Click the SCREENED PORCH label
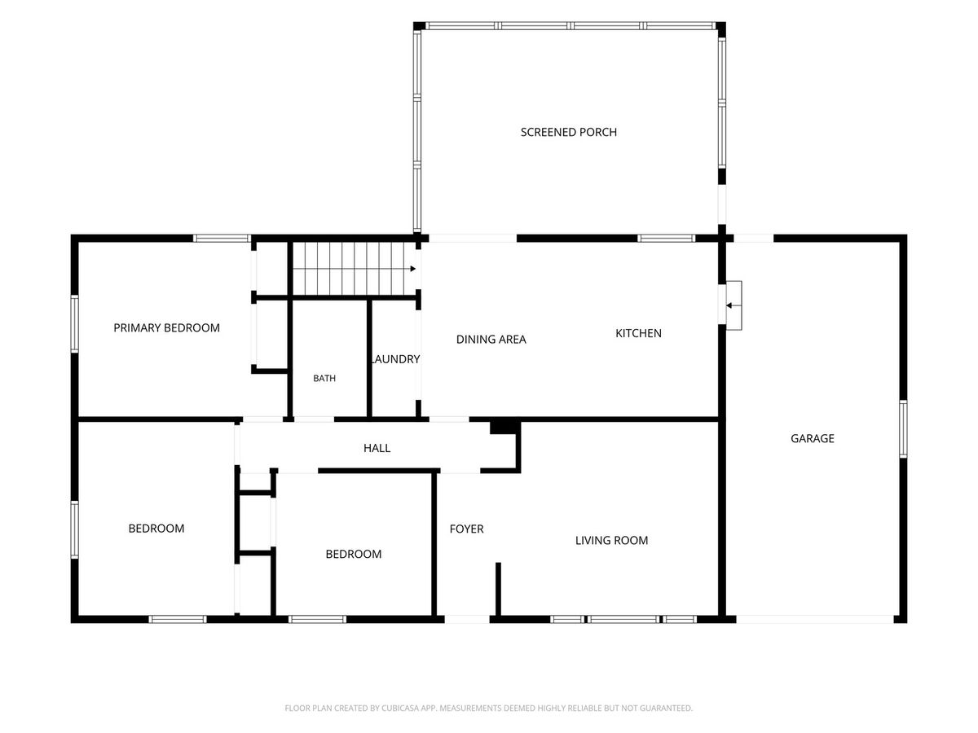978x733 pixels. [x=569, y=132]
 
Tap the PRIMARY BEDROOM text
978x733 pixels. [x=166, y=328]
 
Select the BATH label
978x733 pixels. [x=324, y=378]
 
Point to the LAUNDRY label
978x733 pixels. [x=396, y=359]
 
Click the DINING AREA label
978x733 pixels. [x=491, y=340]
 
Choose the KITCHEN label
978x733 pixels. [x=638, y=333]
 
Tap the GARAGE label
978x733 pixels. [x=813, y=438]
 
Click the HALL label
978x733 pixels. [x=377, y=448]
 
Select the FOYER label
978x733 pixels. [x=466, y=529]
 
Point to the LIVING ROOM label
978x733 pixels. [x=611, y=540]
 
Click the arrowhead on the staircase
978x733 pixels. [x=413, y=269]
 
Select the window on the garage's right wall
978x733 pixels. [x=903, y=429]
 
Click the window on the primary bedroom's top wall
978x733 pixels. [x=222, y=239]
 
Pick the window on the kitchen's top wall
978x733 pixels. [x=666, y=239]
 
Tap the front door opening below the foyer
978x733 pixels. [x=467, y=619]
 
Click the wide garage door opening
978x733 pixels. [x=815, y=619]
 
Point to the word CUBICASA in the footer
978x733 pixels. [x=399, y=708]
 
